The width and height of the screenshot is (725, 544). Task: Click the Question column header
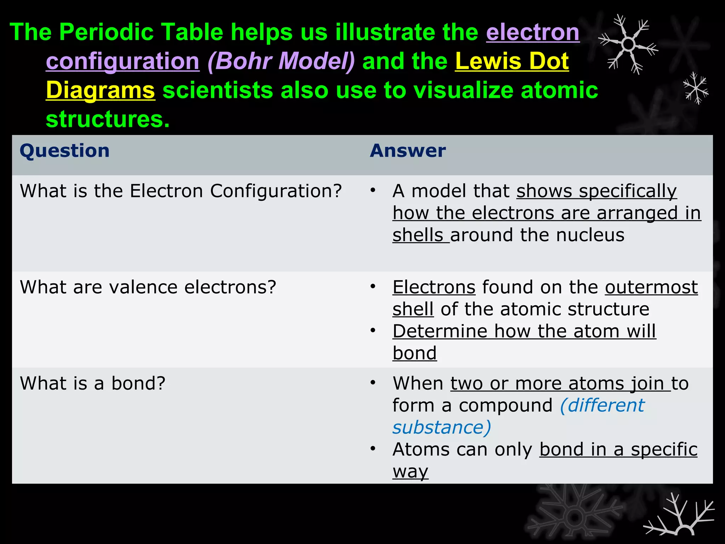tap(64, 151)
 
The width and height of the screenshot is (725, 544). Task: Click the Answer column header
tap(407, 151)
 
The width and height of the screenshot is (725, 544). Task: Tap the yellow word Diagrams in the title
tap(100, 90)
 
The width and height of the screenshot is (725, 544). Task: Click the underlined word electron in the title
tap(532, 32)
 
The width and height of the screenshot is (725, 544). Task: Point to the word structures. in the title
tap(108, 119)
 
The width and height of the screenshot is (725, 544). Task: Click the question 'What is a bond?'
tap(93, 383)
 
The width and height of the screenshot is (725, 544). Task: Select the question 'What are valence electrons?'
tap(148, 287)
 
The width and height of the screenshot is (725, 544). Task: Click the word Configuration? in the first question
tap(276, 191)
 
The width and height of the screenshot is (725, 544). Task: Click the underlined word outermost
tap(651, 287)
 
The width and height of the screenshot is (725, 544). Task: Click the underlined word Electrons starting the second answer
tap(434, 287)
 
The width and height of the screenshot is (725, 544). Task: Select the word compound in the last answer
tap(505, 406)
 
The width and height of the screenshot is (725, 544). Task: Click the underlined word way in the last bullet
tap(410, 471)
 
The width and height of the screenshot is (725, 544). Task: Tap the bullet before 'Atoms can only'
tap(372, 449)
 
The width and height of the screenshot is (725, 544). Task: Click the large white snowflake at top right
tap(628, 45)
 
